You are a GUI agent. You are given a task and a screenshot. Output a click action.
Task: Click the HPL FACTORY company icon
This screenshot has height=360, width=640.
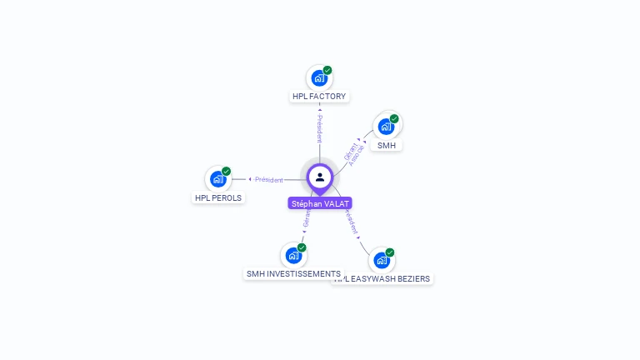click(x=318, y=78)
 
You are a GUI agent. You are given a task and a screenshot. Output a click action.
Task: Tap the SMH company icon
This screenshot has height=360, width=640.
click(x=385, y=127)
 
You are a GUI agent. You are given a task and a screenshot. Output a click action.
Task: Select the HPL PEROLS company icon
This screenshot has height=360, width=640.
click(x=217, y=179)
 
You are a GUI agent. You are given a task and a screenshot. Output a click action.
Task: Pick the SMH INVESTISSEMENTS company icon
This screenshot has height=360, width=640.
click(x=293, y=256)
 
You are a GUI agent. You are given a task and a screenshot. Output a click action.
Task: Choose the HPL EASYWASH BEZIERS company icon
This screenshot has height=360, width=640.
click(x=381, y=261)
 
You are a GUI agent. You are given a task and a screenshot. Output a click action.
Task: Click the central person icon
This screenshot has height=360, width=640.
click(x=320, y=177)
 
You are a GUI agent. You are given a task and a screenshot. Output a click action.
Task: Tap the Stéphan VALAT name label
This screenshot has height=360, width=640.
click(x=320, y=203)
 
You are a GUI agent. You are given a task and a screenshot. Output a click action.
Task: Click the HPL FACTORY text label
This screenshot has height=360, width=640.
click(x=319, y=97)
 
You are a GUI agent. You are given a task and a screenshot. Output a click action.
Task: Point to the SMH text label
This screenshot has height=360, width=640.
click(x=387, y=145)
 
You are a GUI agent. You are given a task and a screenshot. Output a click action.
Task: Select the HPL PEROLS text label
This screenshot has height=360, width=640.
click(x=218, y=198)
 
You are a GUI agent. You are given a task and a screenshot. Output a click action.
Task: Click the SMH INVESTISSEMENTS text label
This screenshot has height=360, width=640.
click(x=293, y=274)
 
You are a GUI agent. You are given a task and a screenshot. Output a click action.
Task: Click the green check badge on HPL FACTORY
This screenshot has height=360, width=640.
click(x=327, y=70)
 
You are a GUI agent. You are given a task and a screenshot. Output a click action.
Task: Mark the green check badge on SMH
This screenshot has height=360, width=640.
click(x=394, y=118)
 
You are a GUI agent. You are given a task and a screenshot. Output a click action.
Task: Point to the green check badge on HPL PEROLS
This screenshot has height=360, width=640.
click(x=227, y=171)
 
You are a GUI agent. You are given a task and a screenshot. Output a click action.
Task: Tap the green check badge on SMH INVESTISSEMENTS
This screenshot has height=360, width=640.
click(x=302, y=247)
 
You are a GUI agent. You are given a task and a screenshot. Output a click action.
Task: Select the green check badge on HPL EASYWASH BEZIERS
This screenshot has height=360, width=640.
click(x=390, y=252)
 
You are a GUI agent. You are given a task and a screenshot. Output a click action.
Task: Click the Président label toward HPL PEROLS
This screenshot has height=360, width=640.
click(x=268, y=179)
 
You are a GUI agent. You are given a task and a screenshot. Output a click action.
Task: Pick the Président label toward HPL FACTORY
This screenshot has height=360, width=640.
click(x=319, y=127)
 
